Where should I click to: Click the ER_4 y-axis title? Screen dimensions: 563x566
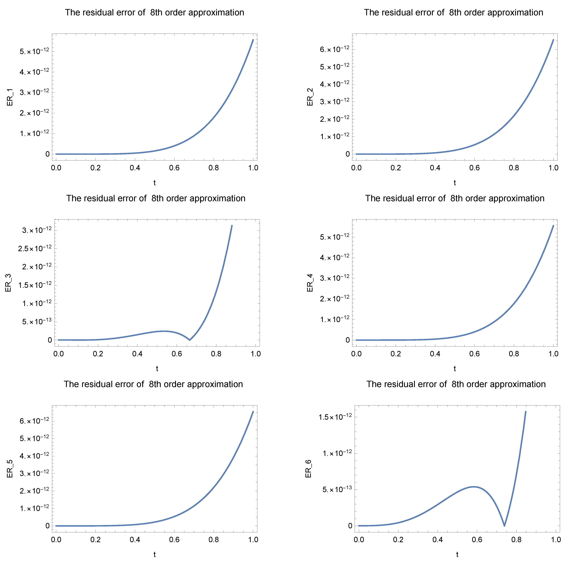[310, 283]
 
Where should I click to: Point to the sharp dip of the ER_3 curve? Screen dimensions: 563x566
[190, 340]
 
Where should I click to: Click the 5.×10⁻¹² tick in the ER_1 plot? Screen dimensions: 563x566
[34, 51]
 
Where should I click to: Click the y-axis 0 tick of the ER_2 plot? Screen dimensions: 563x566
[348, 154]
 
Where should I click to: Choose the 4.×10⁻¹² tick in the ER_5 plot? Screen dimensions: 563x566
[34, 456]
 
